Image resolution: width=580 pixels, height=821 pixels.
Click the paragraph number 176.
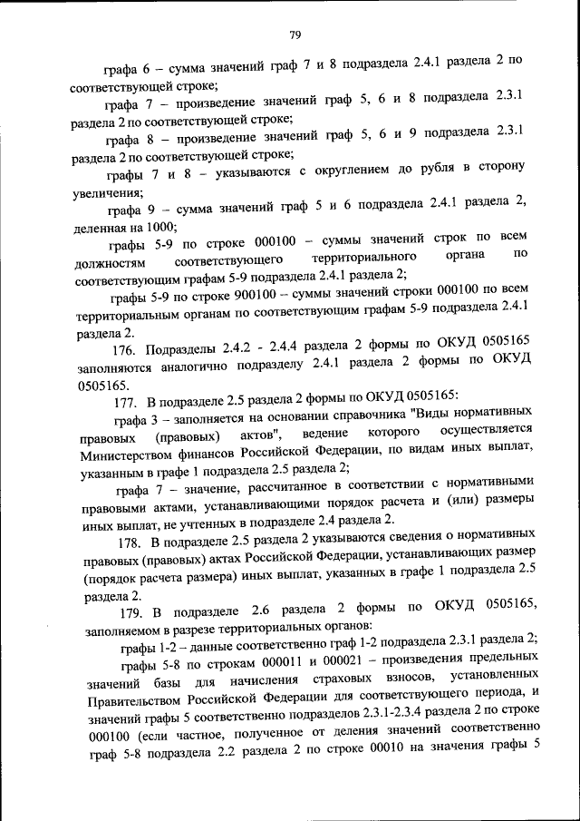pos(122,349)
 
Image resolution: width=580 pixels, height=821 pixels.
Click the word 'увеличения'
pos(105,193)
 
